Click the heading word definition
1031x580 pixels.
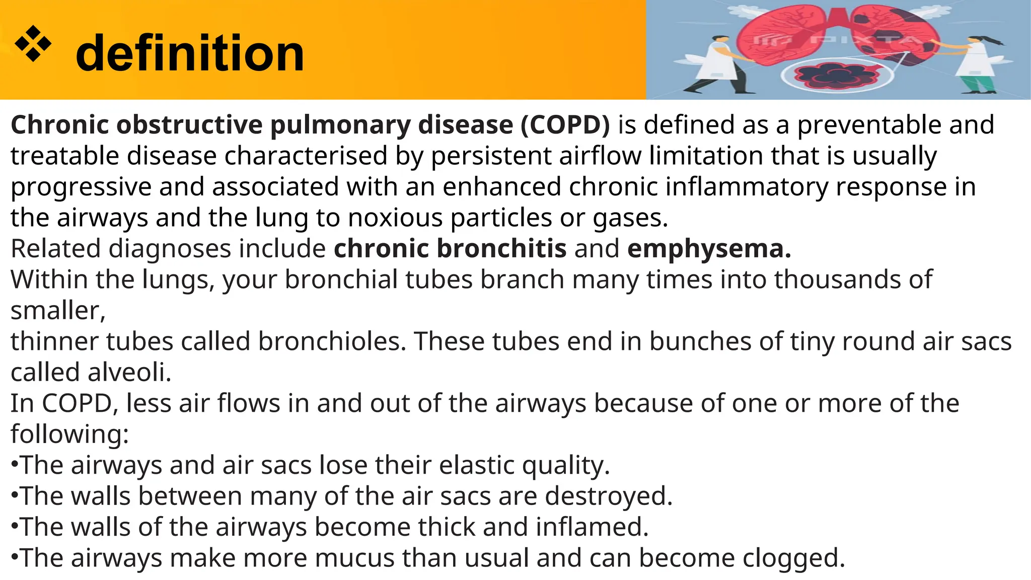pyautogui.click(x=190, y=53)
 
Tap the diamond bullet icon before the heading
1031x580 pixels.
pyautogui.click(x=33, y=44)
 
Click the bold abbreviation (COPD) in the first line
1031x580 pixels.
pyautogui.click(x=565, y=124)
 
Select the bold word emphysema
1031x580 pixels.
pyautogui.click(x=709, y=249)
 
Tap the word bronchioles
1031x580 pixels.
pyautogui.click(x=332, y=341)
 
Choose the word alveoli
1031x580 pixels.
pyautogui.click(x=130, y=373)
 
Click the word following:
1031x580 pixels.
pyautogui.click(x=69, y=434)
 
